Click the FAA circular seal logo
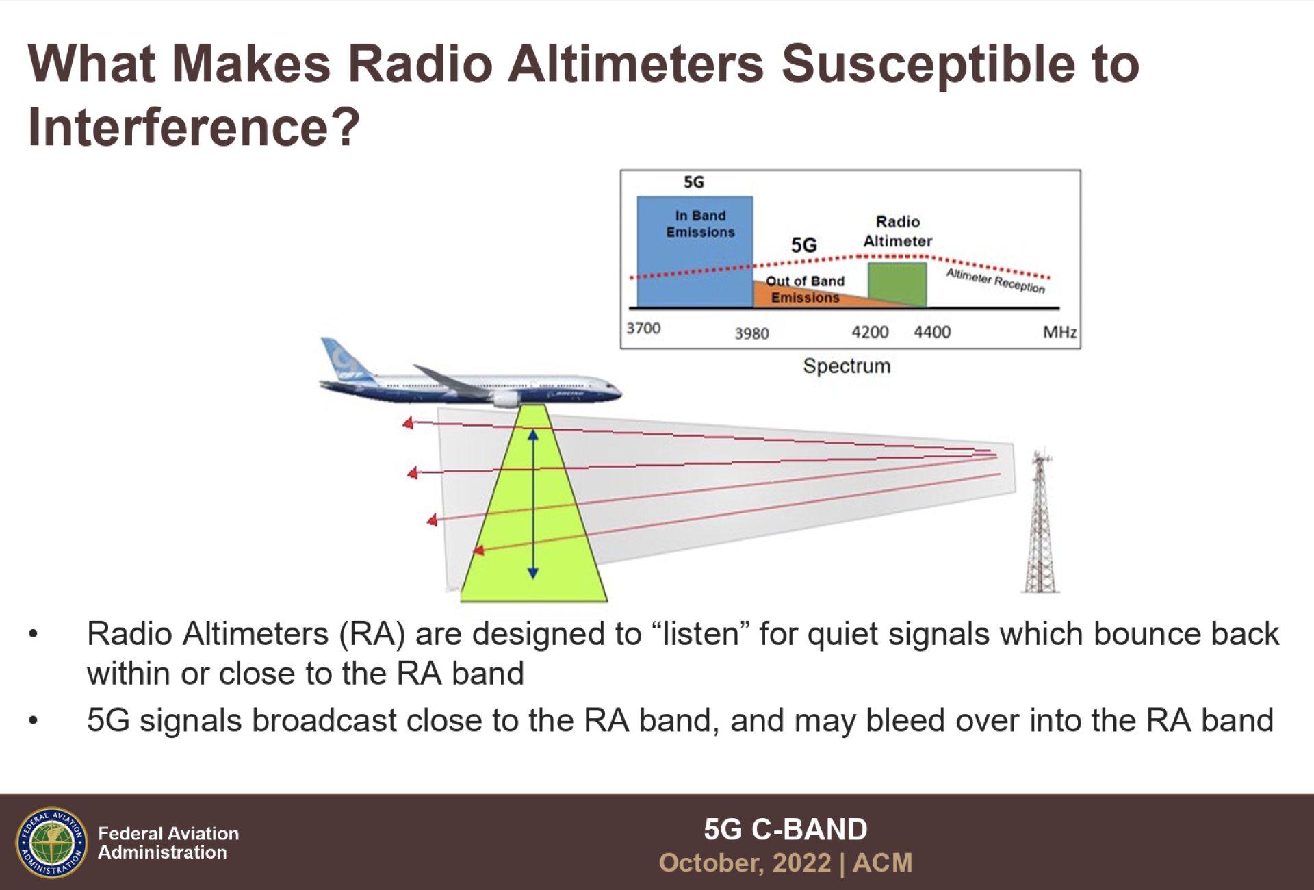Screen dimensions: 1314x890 pyautogui.click(x=52, y=843)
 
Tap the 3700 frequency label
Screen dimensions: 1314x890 pyautogui.click(x=643, y=328)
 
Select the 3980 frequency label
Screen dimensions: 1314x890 pyautogui.click(x=751, y=333)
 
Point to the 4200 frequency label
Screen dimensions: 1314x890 pyautogui.click(x=870, y=332)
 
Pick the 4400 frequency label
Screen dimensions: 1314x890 pyautogui.click(x=932, y=332)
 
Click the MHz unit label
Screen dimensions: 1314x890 pyautogui.click(x=1059, y=332)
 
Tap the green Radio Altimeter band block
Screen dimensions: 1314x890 pyautogui.click(x=897, y=284)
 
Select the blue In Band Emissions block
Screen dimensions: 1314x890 pyautogui.click(x=695, y=252)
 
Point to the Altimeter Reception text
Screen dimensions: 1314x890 pyautogui.click(x=996, y=281)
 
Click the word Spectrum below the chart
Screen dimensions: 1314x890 pyautogui.click(x=847, y=366)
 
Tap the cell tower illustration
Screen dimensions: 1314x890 pyautogui.click(x=1040, y=520)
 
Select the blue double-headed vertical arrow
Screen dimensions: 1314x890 pyautogui.click(x=533, y=504)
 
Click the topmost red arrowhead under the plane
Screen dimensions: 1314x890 pyautogui.click(x=408, y=423)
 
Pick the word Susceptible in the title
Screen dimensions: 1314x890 pyautogui.click(x=927, y=65)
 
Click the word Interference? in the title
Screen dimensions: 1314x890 pyautogui.click(x=194, y=127)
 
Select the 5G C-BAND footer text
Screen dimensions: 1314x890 pyautogui.click(x=786, y=829)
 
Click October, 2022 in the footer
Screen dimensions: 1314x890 pyautogui.click(x=745, y=863)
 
